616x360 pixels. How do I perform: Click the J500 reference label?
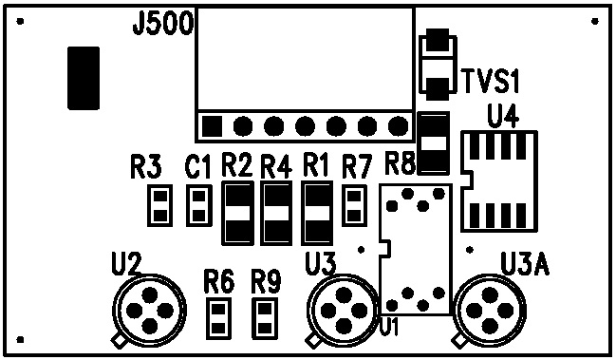click(163, 24)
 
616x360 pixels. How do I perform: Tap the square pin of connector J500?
click(212, 126)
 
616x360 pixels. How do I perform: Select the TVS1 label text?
click(491, 81)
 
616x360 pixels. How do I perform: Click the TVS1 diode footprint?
click(439, 65)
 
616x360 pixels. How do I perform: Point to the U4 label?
click(502, 116)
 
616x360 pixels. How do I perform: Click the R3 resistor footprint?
click(159, 205)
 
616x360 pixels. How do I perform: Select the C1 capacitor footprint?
click(199, 205)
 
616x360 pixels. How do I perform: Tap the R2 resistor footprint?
click(237, 213)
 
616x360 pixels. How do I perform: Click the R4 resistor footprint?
click(276, 213)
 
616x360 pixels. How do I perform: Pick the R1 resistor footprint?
click(317, 213)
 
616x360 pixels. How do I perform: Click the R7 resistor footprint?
click(354, 205)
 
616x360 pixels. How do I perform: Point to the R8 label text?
click(400, 163)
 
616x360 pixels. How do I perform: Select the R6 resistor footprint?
click(218, 318)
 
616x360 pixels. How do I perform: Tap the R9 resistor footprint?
click(265, 318)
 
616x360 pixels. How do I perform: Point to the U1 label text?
click(389, 327)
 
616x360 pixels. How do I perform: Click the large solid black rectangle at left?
click(84, 78)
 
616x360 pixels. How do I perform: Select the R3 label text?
click(146, 166)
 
